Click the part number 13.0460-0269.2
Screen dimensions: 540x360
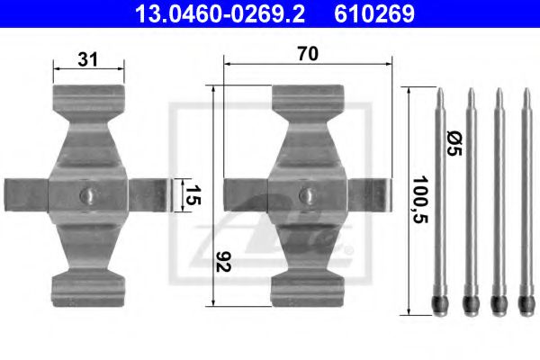click(220, 13)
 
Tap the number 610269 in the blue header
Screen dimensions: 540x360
click(374, 13)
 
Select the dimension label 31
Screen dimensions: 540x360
click(88, 59)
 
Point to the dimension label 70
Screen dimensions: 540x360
click(308, 54)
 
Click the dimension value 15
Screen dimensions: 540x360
click(193, 195)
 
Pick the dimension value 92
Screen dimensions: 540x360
click(222, 262)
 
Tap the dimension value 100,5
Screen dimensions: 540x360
click(420, 200)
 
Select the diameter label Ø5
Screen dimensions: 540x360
click(454, 143)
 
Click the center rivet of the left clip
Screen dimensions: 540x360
click(88, 195)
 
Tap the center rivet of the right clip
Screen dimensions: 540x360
click(308, 195)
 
